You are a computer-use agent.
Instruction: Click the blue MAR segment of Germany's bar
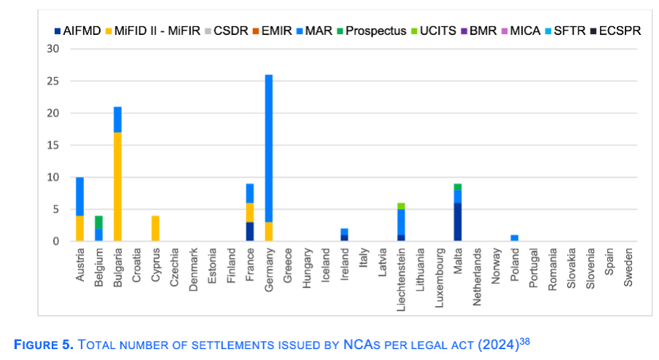point(269,146)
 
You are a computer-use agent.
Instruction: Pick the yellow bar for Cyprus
point(155,228)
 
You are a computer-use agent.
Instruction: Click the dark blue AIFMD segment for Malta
point(458,222)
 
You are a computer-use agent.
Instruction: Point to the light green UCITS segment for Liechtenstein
point(401,206)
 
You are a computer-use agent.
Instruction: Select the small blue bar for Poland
point(515,238)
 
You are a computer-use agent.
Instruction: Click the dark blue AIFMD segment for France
point(250,231)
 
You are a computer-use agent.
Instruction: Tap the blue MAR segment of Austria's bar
point(79,196)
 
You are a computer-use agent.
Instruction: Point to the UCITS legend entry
point(436,31)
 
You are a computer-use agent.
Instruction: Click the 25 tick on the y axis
point(53,81)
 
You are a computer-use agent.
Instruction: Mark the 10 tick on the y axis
point(53,177)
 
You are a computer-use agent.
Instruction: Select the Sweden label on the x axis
point(628,265)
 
